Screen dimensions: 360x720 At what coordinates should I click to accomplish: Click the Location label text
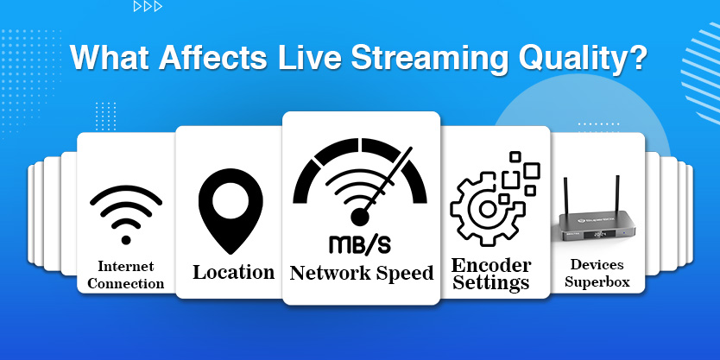[233, 273]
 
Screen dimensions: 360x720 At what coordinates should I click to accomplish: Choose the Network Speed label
[361, 274]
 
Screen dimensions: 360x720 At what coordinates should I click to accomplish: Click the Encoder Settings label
[491, 274]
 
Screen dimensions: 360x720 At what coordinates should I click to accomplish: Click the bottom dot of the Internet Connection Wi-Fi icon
[125, 239]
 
